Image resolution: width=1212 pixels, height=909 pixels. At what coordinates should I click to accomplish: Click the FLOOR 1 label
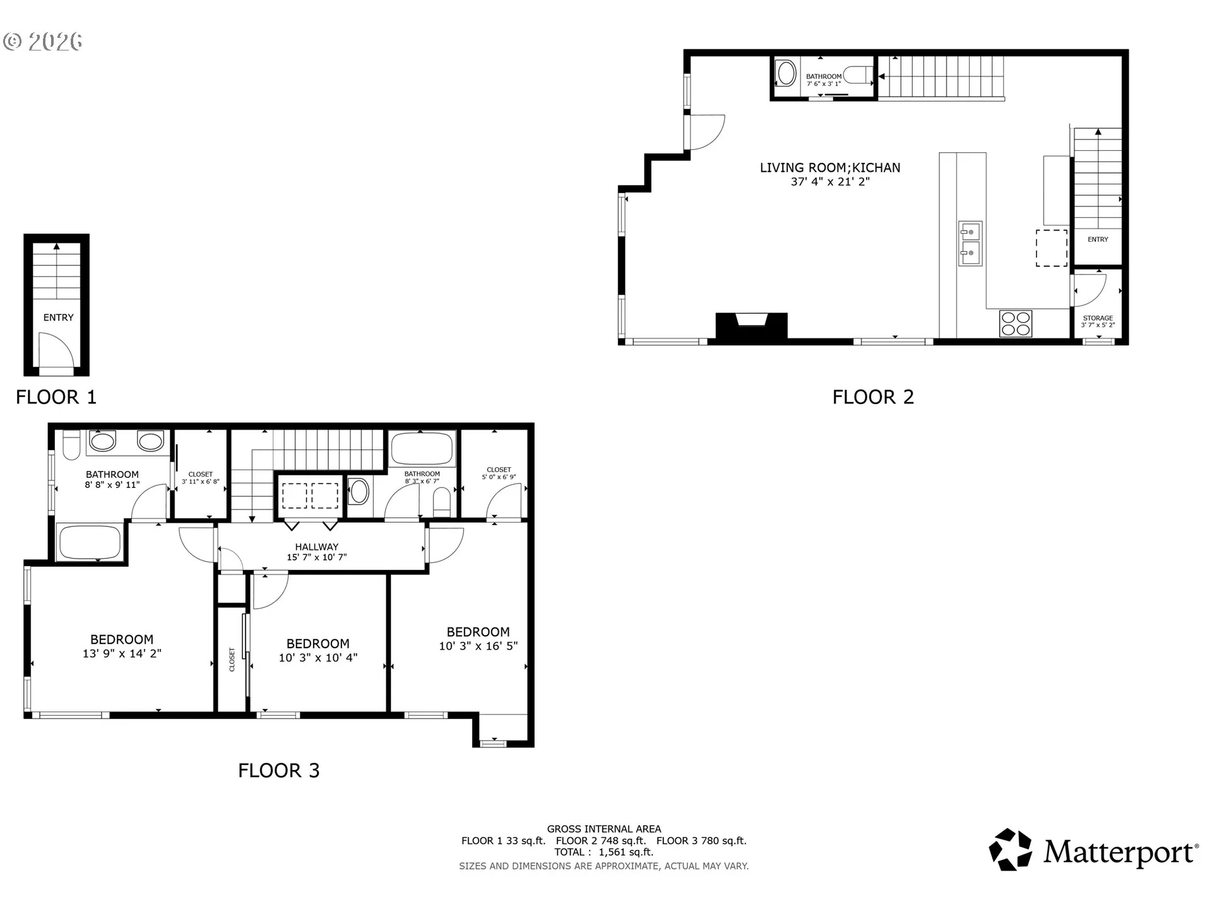click(56, 397)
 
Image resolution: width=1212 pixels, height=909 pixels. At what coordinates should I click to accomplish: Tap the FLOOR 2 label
click(873, 397)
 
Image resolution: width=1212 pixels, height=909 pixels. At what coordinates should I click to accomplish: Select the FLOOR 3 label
click(279, 770)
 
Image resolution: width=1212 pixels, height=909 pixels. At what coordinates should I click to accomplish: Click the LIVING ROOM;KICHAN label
click(830, 167)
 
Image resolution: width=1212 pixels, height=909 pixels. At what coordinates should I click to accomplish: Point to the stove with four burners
click(1016, 323)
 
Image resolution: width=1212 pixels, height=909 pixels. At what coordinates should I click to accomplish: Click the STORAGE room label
click(1098, 318)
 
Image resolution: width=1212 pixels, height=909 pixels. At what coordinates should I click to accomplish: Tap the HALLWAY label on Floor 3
click(317, 547)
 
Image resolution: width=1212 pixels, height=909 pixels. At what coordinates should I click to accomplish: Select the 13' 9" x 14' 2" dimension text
click(122, 653)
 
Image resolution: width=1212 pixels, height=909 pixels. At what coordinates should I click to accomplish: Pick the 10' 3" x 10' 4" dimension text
click(318, 658)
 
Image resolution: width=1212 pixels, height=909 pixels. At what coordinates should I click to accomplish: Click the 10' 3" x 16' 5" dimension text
click(478, 646)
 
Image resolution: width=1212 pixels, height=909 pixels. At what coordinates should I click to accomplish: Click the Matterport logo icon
click(1011, 850)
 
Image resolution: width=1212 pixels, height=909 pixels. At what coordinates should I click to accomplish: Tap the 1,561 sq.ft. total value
click(626, 852)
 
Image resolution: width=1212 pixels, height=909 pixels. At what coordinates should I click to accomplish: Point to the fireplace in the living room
click(751, 326)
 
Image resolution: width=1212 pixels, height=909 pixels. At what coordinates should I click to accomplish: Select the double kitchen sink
click(970, 244)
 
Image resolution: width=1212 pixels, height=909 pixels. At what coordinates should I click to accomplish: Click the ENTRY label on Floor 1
click(58, 318)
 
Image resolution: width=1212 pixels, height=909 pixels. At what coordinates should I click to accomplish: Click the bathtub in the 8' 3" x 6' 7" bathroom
click(422, 449)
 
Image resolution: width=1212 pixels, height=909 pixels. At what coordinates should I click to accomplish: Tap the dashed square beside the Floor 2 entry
click(1052, 248)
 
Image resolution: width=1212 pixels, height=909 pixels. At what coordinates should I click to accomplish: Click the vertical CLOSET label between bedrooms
click(232, 659)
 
